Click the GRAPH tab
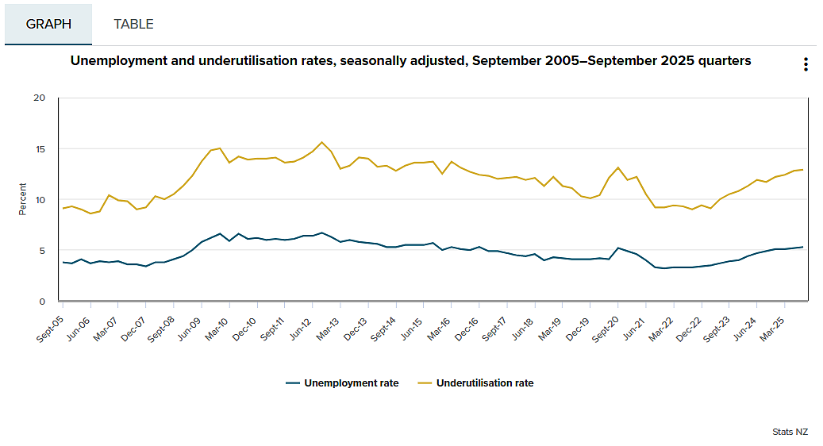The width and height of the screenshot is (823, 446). pyautogui.click(x=48, y=24)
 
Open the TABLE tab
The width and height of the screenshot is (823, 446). pyautogui.click(x=133, y=24)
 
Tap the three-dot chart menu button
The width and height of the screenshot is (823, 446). pyautogui.click(x=806, y=64)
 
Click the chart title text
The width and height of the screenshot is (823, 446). pyautogui.click(x=410, y=61)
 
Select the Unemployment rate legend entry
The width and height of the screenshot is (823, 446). pyautogui.click(x=342, y=383)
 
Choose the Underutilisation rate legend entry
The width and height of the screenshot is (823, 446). pyautogui.click(x=475, y=383)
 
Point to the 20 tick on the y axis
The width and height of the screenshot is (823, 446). pyautogui.click(x=40, y=98)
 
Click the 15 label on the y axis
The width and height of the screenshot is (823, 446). pyautogui.click(x=40, y=149)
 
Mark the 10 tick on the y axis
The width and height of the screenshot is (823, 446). pyautogui.click(x=40, y=200)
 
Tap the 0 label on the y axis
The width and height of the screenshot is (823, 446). pyautogui.click(x=43, y=302)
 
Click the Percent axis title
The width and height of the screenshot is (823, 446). pyautogui.click(x=22, y=199)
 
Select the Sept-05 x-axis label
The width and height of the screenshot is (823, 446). pyautogui.click(x=50, y=329)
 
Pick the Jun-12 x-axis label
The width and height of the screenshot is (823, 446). pyautogui.click(x=301, y=329)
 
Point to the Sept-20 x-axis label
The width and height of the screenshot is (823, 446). pyautogui.click(x=606, y=329)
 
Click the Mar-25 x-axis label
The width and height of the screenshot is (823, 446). pyautogui.click(x=772, y=329)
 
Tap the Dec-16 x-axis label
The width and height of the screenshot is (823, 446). pyautogui.click(x=466, y=329)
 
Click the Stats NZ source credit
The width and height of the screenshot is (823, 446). pyautogui.click(x=790, y=432)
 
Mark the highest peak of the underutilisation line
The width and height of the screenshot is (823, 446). pyautogui.click(x=321, y=142)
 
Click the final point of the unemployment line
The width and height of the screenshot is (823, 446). pyautogui.click(x=802, y=247)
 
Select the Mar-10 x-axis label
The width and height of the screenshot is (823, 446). pyautogui.click(x=216, y=329)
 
